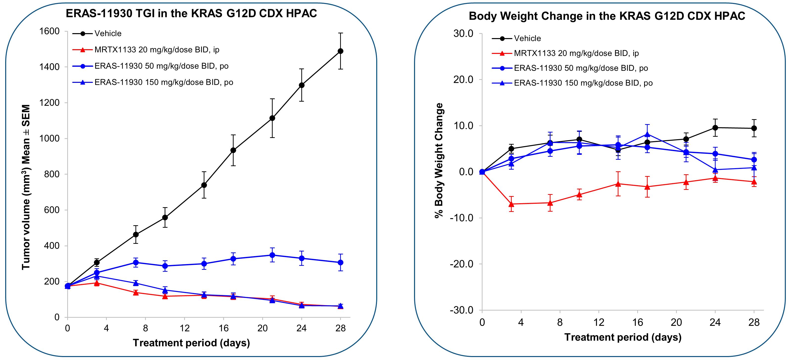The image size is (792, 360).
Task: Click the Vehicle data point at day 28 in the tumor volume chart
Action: point(340,51)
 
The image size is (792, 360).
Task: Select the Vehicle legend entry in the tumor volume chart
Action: point(108,34)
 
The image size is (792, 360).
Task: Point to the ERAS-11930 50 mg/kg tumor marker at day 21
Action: point(272,255)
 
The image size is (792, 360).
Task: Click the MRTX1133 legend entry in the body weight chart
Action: point(576,53)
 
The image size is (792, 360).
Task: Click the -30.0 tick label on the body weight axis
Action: point(462,310)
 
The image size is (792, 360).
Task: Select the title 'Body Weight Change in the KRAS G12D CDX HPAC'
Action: point(607,16)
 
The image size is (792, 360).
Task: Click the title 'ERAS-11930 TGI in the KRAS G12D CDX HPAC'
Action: point(191,14)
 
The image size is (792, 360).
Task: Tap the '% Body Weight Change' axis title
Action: point(439,161)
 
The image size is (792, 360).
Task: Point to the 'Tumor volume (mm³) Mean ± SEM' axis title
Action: point(26,187)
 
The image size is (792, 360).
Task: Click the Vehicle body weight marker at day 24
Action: point(715,128)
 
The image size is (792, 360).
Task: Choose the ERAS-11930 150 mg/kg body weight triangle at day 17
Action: point(647,134)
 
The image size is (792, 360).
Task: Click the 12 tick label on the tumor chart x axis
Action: point(184,328)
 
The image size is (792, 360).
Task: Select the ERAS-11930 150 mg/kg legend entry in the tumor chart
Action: point(164,82)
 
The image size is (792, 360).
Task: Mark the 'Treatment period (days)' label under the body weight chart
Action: point(623,337)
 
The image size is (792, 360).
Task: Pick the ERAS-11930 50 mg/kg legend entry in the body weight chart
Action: point(581,68)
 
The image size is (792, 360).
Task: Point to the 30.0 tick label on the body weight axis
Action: point(463,34)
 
